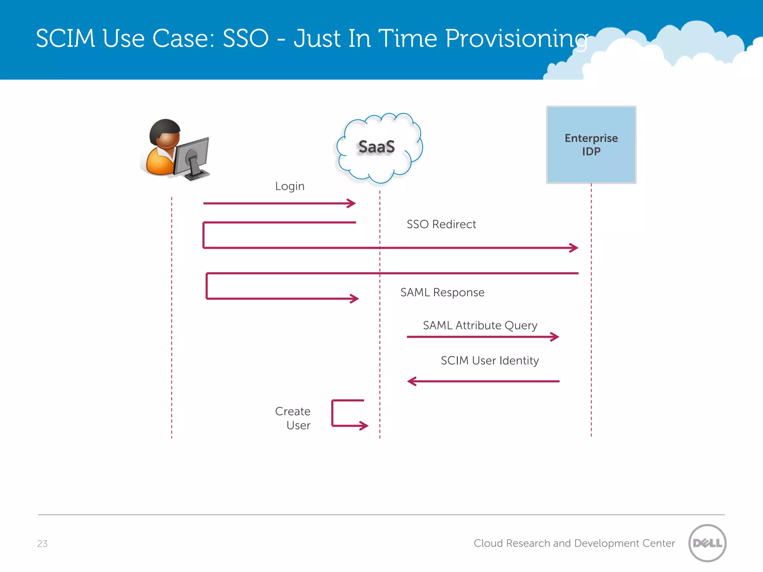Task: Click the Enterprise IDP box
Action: (x=591, y=145)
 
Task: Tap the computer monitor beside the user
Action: (x=192, y=158)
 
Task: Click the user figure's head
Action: (x=165, y=133)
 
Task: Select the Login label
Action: (x=289, y=186)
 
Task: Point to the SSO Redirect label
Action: (x=441, y=224)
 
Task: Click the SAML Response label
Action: (x=442, y=292)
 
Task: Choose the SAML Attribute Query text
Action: (x=480, y=325)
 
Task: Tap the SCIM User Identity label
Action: (x=490, y=360)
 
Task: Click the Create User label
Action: (x=293, y=418)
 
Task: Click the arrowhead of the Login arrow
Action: (x=352, y=203)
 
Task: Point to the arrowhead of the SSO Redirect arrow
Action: (x=574, y=248)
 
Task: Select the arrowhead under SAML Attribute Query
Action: (x=555, y=337)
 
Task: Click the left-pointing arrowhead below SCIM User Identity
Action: (x=411, y=381)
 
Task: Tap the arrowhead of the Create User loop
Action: (x=364, y=425)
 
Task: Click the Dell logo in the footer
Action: (x=707, y=543)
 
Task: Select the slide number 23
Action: (x=42, y=544)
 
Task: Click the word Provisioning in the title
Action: (x=516, y=39)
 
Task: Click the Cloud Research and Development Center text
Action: (x=574, y=543)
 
